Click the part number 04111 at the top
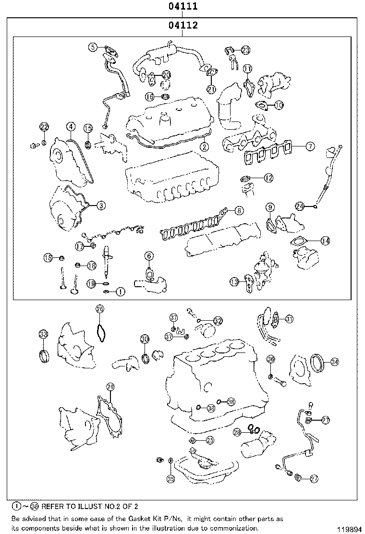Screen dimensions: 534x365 (x=183, y=7)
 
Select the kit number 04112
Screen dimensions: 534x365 (x=183, y=25)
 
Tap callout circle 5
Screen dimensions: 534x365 (x=93, y=47)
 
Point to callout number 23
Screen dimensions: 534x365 (x=245, y=50)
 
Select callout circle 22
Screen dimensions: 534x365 (x=44, y=127)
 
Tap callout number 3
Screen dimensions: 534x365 (x=101, y=206)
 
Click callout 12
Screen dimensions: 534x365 (x=268, y=178)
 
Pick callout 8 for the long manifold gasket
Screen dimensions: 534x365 (x=239, y=210)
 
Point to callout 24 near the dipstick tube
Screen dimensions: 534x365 (x=300, y=206)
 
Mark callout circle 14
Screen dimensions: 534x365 (x=325, y=241)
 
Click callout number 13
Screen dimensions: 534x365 (x=234, y=282)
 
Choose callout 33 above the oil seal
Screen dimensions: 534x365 (x=43, y=334)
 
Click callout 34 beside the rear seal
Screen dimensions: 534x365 (x=334, y=362)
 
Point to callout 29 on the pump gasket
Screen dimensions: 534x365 (x=110, y=388)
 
